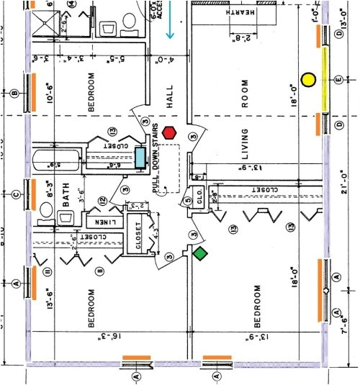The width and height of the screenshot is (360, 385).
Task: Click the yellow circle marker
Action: coord(309,79)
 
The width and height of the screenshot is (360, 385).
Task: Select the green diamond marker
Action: coord(200,253)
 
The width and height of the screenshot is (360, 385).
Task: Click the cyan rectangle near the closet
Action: coord(140,157)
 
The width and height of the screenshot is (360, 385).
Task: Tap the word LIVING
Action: coord(245,146)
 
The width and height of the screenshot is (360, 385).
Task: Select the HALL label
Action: coord(170,96)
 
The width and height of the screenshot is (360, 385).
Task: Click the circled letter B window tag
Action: coord(14,93)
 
